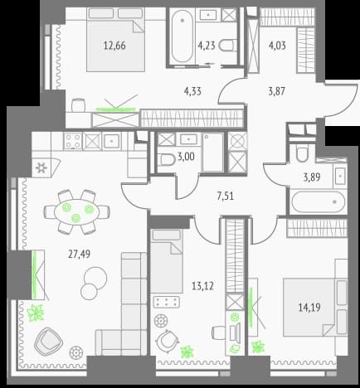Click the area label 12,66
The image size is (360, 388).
[114, 46]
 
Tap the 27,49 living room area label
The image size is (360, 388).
[79, 254]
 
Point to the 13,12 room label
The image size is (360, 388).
[202, 286]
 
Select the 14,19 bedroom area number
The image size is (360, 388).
[309, 307]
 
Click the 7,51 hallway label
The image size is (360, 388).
[226, 196]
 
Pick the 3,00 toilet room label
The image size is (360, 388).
[186, 157]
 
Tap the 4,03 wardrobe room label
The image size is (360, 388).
[277, 46]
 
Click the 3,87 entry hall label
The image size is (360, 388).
[276, 90]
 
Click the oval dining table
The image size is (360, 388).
[76, 212]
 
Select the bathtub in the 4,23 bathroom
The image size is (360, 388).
[182, 36]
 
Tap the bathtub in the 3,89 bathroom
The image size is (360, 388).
[319, 202]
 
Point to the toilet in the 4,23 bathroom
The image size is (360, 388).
[228, 46]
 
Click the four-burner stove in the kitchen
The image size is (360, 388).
[73, 141]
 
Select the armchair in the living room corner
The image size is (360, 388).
[48, 342]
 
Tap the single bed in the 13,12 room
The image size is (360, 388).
[167, 261]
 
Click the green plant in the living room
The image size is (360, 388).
[36, 313]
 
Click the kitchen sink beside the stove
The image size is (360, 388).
[111, 141]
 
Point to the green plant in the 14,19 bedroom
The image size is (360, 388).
[258, 347]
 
